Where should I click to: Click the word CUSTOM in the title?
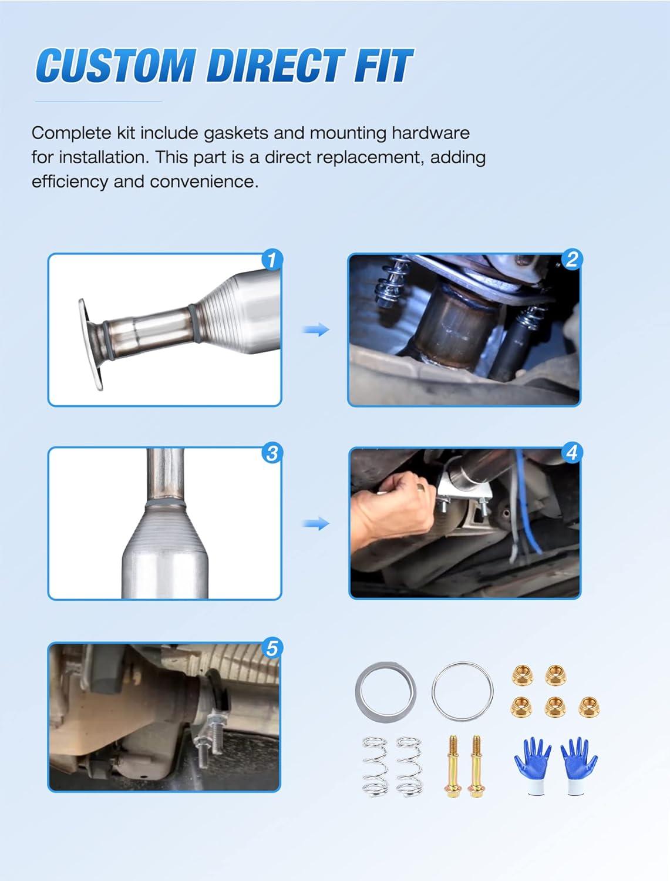[116, 65]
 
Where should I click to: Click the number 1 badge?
[272, 260]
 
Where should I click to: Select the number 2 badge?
[571, 260]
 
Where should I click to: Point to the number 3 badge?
[272, 453]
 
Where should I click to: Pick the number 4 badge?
[571, 452]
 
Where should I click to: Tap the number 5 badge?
[272, 648]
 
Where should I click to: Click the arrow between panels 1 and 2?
[316, 330]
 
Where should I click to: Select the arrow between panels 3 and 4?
[316, 523]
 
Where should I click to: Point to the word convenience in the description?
[204, 182]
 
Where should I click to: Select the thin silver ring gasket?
[463, 691]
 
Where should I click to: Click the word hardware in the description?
[430, 133]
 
